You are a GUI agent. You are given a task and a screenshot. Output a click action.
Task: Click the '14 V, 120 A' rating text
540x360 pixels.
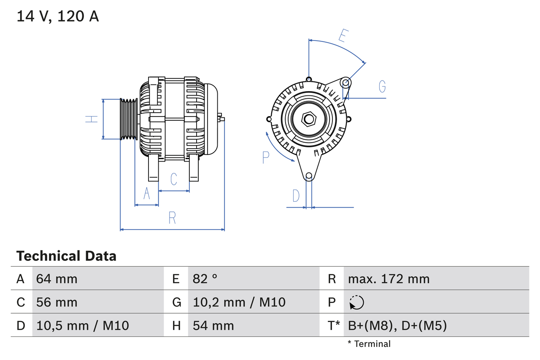coord(57,16)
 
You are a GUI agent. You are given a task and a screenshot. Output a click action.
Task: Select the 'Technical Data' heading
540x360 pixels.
coord(66,256)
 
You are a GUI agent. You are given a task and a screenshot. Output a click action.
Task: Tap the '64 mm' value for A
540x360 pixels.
coord(57,279)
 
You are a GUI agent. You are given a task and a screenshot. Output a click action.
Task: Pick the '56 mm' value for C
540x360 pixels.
coord(57,302)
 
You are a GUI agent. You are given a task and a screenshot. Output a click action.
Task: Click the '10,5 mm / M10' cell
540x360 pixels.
coord(82,325)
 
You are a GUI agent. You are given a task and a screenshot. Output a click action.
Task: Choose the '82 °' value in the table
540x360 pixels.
coord(205,279)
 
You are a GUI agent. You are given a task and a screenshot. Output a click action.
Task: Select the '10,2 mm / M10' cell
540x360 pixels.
coord(239,302)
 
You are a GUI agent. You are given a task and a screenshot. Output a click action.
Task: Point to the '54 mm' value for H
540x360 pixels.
coord(213,325)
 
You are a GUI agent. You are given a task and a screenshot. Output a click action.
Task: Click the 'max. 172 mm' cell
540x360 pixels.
coord(389,279)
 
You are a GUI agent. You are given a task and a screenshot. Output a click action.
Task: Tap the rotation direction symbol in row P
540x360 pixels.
coord(356,302)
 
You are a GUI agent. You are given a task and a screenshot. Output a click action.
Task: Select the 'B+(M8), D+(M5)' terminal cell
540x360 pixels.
coord(397,325)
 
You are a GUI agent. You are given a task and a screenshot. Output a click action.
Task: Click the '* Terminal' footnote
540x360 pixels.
coord(369,344)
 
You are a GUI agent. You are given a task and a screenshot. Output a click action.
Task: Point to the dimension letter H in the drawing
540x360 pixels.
coord(92,119)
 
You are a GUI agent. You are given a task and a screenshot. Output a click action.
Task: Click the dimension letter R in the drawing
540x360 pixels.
coord(172,218)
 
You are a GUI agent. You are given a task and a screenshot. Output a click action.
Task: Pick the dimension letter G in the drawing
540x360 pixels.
coord(382,87)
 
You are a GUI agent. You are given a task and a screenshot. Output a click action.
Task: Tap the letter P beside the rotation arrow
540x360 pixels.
coord(265,157)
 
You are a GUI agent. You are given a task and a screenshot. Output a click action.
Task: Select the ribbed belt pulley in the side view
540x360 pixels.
coord(129,119)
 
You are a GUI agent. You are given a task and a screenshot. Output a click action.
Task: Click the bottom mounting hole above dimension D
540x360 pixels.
coord(309,176)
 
